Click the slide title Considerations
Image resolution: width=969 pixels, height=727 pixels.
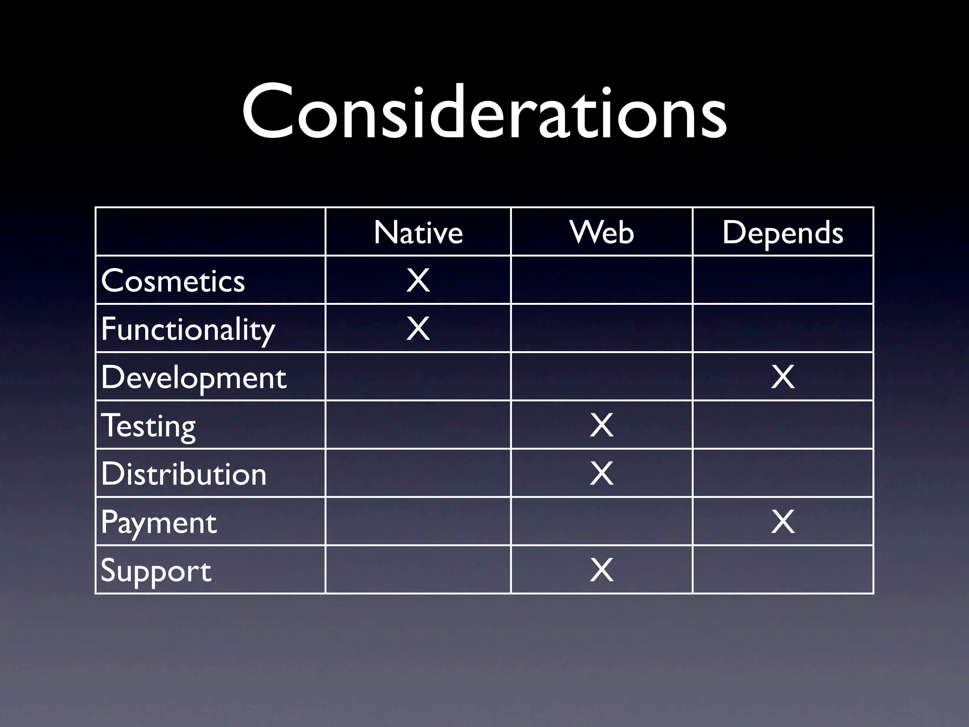pyautogui.click(x=484, y=112)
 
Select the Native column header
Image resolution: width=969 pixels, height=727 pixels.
pyautogui.click(x=418, y=232)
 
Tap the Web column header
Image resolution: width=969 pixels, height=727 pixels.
pyautogui.click(x=602, y=232)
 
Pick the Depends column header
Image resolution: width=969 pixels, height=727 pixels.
pyautogui.click(x=783, y=232)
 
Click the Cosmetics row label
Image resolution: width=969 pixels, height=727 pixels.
pyautogui.click(x=173, y=281)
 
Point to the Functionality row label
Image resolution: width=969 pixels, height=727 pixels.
pyautogui.click(x=188, y=329)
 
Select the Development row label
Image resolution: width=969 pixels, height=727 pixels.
pyautogui.click(x=194, y=377)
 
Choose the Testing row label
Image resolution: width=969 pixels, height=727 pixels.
pyautogui.click(x=149, y=426)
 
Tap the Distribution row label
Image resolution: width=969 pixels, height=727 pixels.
pyautogui.click(x=184, y=474)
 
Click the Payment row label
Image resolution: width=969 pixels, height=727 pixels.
pyautogui.click(x=159, y=522)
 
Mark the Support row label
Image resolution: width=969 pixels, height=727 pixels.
pyautogui.click(x=156, y=570)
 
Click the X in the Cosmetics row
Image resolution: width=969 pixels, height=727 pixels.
pyautogui.click(x=418, y=280)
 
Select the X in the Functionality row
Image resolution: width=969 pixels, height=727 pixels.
pyautogui.click(x=418, y=328)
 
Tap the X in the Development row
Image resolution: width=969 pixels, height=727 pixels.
pyautogui.click(x=783, y=377)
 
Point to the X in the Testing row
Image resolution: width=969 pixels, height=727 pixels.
pyautogui.click(x=602, y=426)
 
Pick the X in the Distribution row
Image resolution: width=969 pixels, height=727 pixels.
pyautogui.click(x=602, y=474)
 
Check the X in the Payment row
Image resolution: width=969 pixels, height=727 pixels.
pyautogui.click(x=783, y=522)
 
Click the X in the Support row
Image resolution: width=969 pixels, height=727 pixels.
pyautogui.click(x=602, y=570)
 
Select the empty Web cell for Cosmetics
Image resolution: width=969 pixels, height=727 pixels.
pyautogui.click(x=602, y=280)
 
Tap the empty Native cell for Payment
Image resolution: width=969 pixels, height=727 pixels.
pyautogui.click(x=418, y=522)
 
